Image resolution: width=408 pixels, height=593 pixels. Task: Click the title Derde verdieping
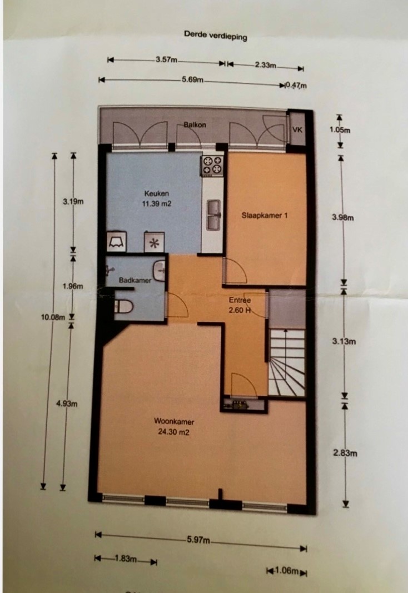[x=215, y=35]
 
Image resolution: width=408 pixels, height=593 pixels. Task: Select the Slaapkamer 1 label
[x=265, y=215]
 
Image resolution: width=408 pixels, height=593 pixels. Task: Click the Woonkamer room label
[x=174, y=421]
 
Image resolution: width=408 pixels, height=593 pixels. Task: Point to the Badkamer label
[x=135, y=280]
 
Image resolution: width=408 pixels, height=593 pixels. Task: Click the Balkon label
[x=195, y=124]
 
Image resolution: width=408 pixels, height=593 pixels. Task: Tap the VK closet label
[x=297, y=129]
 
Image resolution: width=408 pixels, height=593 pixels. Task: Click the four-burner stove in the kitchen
[x=212, y=166]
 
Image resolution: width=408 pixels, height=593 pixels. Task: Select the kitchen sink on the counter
[x=214, y=215]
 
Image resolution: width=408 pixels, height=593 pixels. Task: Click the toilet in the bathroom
[x=123, y=306]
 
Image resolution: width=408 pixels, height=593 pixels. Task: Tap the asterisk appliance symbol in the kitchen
[x=155, y=242]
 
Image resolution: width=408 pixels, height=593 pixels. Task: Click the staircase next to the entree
[x=287, y=362]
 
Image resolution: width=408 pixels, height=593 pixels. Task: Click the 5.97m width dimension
[x=198, y=540]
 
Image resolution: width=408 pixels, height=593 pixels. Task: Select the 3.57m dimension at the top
[x=166, y=60]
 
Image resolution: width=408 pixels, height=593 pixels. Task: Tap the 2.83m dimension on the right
[x=345, y=453]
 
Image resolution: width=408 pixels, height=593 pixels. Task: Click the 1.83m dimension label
[x=126, y=559]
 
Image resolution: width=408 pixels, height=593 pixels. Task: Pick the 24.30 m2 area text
[x=173, y=432]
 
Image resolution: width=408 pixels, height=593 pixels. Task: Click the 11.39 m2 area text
[x=157, y=204]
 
